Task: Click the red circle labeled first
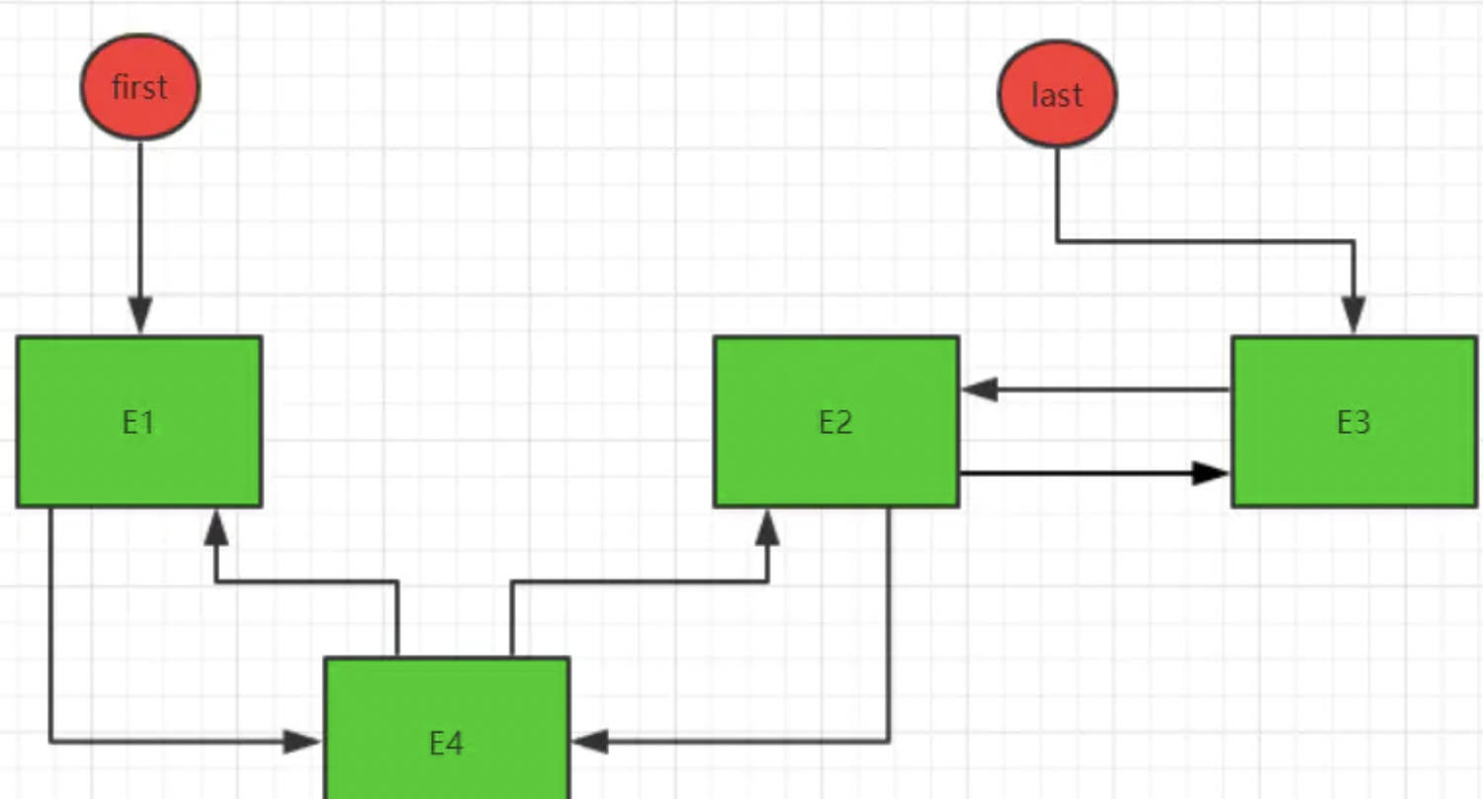pyautogui.click(x=139, y=87)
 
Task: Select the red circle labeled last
pyautogui.click(x=1057, y=94)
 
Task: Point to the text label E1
pyautogui.click(x=138, y=423)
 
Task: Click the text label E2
pyautogui.click(x=835, y=423)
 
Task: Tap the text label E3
pyautogui.click(x=1353, y=423)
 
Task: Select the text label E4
pyautogui.click(x=446, y=743)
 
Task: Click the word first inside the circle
pyautogui.click(x=139, y=87)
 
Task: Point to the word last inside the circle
pyautogui.click(x=1057, y=95)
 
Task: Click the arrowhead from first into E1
pyautogui.click(x=140, y=318)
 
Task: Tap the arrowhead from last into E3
pyautogui.click(x=1353, y=318)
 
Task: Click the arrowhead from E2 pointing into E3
pyautogui.click(x=1210, y=474)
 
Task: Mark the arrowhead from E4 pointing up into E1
pyautogui.click(x=216, y=527)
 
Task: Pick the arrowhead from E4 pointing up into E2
pyautogui.click(x=768, y=527)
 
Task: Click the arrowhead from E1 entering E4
pyautogui.click(x=303, y=741)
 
